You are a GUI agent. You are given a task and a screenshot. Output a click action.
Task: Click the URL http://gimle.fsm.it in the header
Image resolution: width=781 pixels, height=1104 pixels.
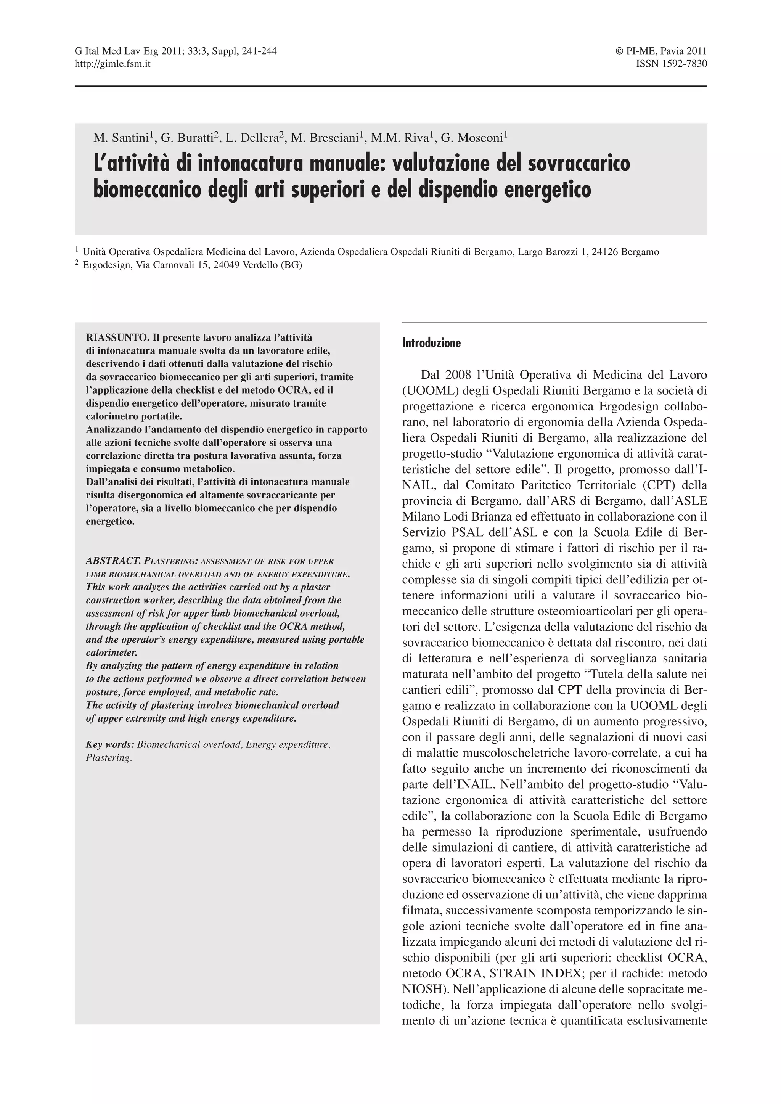(112, 63)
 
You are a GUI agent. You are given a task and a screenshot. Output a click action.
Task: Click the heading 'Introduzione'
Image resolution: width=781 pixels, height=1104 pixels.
(431, 343)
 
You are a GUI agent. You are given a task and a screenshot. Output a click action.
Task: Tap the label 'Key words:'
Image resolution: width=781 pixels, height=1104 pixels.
(110, 745)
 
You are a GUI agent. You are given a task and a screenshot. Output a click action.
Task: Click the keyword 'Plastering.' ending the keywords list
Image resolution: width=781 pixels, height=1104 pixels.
(109, 758)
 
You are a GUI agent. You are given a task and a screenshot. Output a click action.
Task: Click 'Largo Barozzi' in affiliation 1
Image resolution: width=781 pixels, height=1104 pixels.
(547, 252)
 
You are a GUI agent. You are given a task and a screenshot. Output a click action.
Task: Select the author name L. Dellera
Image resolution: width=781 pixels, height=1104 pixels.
(252, 138)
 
